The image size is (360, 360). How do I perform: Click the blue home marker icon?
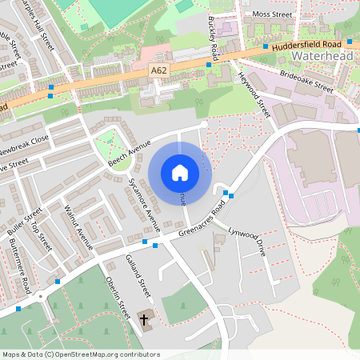[179, 173]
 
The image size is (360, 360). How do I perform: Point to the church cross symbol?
[145, 320]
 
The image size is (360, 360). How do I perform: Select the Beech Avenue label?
[130, 153]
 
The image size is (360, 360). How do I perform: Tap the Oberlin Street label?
[117, 298]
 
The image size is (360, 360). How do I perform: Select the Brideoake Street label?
[307, 80]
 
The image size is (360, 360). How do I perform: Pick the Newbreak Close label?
[24, 146]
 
